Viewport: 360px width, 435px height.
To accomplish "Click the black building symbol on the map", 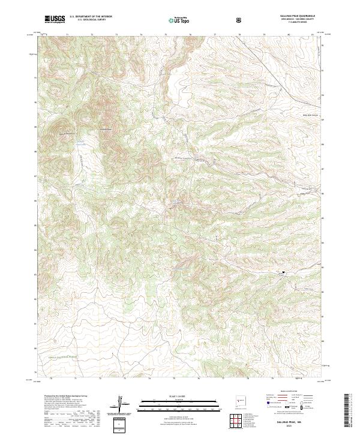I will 282,273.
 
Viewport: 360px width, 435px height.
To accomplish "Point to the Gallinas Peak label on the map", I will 106,129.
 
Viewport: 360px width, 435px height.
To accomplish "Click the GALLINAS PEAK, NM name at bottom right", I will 297,424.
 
